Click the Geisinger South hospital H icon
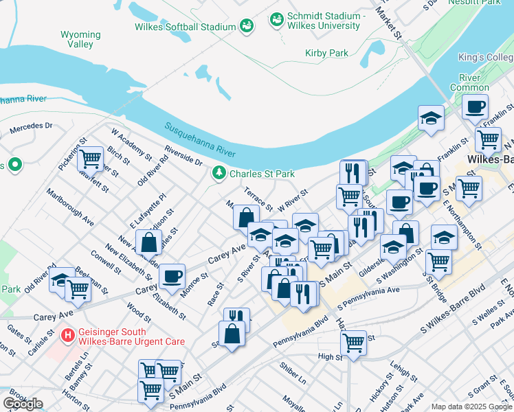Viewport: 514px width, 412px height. [68, 335]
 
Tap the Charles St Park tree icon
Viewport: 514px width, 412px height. [219, 173]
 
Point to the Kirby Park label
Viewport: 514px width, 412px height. [327, 53]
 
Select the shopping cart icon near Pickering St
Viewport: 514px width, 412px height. [90, 159]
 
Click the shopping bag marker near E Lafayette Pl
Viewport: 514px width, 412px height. [148, 242]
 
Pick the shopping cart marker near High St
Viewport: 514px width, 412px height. [354, 341]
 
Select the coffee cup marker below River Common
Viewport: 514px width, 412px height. [474, 107]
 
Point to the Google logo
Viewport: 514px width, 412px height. [23, 403]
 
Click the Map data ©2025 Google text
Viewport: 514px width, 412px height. [471, 407]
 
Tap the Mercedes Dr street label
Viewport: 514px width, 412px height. [30, 127]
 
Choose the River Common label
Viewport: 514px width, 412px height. [465, 82]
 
